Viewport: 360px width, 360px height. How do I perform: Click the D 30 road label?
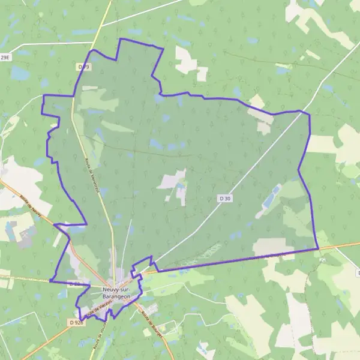pyautogui.click(x=224, y=197)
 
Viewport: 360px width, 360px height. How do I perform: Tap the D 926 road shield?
pyautogui.click(x=75, y=322)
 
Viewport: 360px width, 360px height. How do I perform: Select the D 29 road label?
pyautogui.click(x=83, y=67)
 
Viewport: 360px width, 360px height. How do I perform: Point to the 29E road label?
pyautogui.click(x=5, y=57)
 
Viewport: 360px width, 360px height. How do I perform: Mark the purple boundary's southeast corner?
pyautogui.click(x=317, y=248)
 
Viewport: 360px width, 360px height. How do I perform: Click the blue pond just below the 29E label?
pyautogui.click(x=19, y=73)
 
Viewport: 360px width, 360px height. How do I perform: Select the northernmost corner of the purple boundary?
pyautogui.click(x=121, y=39)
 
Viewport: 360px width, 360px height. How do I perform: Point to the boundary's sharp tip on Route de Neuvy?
pyautogui.click(x=55, y=225)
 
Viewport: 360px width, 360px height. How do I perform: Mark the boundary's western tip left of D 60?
pyautogui.click(x=50, y=280)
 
